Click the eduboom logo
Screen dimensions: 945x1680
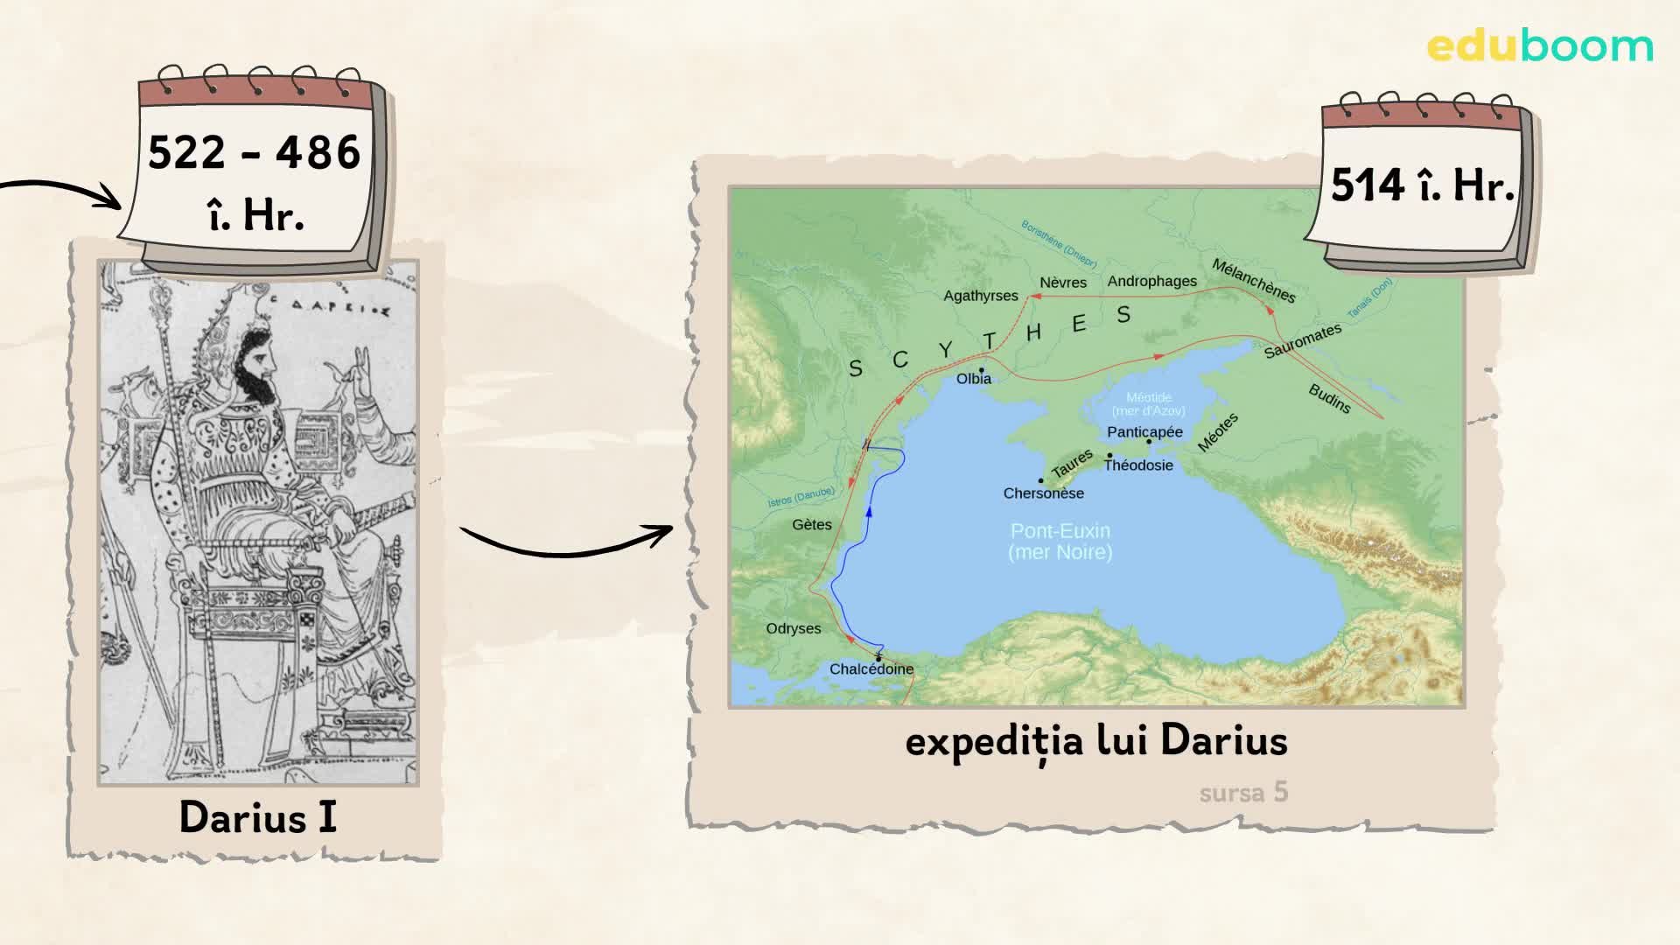point(1539,46)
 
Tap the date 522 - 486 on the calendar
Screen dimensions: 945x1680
point(254,153)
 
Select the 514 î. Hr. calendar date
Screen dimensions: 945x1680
point(1422,185)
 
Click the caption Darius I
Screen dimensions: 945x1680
point(257,817)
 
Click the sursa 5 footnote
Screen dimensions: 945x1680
point(1243,793)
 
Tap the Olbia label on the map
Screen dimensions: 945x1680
point(973,379)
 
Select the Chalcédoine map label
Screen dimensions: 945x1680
point(871,669)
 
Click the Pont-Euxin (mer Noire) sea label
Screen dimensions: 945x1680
point(1060,541)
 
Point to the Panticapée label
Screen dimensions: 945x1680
point(1144,432)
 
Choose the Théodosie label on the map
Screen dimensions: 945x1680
point(1137,465)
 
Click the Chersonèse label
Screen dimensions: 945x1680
point(1043,493)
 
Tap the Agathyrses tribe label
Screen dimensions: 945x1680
point(980,296)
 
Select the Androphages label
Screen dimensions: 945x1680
point(1151,282)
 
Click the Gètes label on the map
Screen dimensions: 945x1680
point(811,525)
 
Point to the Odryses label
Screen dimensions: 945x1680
point(793,629)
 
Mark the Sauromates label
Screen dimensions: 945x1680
point(1302,341)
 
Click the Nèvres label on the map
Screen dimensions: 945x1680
point(1062,283)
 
